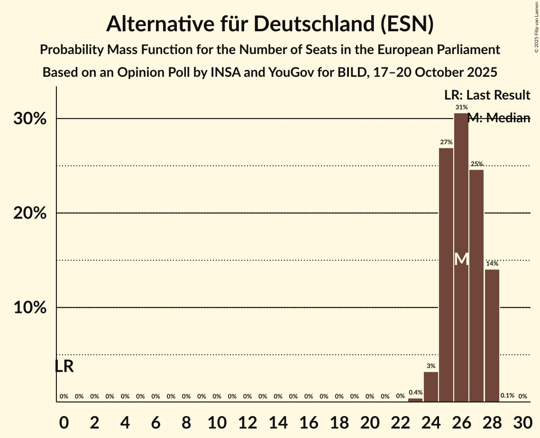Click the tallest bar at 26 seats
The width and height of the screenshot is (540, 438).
tap(461, 213)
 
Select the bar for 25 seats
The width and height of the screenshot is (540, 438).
tap(446, 275)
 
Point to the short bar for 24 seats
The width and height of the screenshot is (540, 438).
tap(431, 387)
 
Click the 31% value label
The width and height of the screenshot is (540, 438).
tap(461, 108)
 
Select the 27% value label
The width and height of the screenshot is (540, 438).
tap(446, 142)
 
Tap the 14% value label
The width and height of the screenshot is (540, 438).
tap(492, 264)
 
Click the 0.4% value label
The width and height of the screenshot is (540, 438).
tap(415, 392)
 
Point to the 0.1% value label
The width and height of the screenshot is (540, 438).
tap(507, 396)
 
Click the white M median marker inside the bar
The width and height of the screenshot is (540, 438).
tap(461, 259)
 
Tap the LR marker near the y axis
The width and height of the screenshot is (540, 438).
tap(64, 366)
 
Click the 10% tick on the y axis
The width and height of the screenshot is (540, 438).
tap(30, 308)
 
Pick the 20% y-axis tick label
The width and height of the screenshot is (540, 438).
tap(30, 213)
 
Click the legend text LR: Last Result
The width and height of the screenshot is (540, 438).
tap(487, 95)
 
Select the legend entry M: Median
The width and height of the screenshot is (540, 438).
tap(499, 118)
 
